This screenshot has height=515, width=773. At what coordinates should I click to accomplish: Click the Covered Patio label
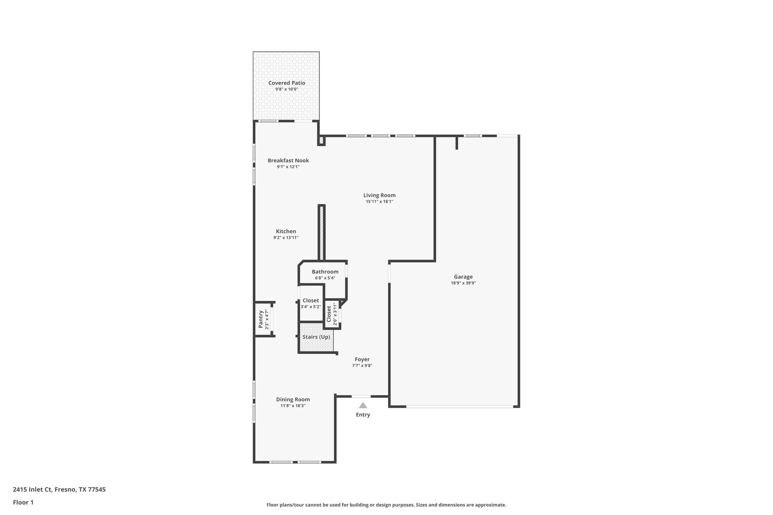tap(286, 83)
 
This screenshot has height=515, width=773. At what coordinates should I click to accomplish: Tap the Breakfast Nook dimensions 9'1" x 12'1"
tap(288, 167)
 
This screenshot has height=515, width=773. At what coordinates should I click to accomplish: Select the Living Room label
tap(379, 195)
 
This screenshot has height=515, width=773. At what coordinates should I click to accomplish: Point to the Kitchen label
tap(286, 231)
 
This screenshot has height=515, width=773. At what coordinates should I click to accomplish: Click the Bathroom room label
tap(325, 272)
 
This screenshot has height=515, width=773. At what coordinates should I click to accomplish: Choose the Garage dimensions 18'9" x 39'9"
tap(463, 283)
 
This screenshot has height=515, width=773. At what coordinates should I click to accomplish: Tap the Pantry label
tap(261, 319)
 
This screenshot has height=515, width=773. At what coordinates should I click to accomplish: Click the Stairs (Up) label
tap(316, 337)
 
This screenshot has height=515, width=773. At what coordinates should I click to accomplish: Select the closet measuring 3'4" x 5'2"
tap(311, 303)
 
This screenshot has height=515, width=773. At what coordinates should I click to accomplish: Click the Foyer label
tap(362, 359)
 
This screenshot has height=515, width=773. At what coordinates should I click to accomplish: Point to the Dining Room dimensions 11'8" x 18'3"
tap(293, 406)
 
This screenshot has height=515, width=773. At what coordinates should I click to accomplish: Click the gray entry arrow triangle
tap(363, 406)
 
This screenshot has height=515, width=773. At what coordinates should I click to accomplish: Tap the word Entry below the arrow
tap(363, 415)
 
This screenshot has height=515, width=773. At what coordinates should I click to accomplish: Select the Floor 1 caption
tap(23, 502)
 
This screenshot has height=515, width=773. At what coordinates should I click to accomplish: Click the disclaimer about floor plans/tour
tap(386, 505)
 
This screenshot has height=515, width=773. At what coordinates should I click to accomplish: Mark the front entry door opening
tap(361, 396)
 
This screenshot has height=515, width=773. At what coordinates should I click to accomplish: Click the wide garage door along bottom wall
tap(459, 406)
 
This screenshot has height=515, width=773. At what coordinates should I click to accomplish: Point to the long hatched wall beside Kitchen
tap(322, 233)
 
